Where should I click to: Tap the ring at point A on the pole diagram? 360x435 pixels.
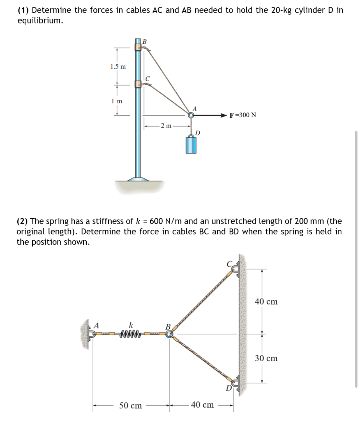tap(191, 115)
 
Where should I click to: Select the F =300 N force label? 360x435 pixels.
tap(243, 115)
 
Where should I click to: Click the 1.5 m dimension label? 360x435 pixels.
tap(118, 67)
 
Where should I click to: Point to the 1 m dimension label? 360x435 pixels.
tap(117, 101)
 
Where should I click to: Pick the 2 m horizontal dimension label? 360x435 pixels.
tap(166, 126)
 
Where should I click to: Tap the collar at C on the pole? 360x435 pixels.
tap(138, 84)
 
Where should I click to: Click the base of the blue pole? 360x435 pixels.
tap(138, 179)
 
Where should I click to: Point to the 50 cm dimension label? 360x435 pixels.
tap(130, 405)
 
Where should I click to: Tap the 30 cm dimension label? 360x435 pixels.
tap(266, 358)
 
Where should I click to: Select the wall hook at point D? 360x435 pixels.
tap(235, 383)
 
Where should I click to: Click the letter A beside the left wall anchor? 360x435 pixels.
tap(96, 325)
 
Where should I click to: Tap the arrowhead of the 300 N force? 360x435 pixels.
tap(223, 115)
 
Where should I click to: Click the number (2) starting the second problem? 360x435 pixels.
tap(22, 221)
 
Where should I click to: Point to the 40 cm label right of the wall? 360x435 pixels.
tap(266, 302)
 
